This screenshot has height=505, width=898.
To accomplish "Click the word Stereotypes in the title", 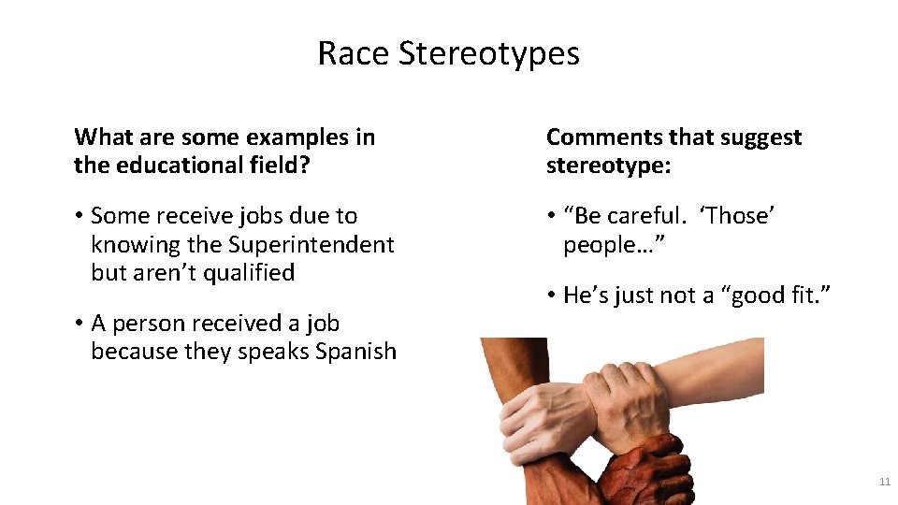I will [489, 54].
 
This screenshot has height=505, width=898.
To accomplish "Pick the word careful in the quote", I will [647, 216].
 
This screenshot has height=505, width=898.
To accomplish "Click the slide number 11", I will [884, 482].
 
